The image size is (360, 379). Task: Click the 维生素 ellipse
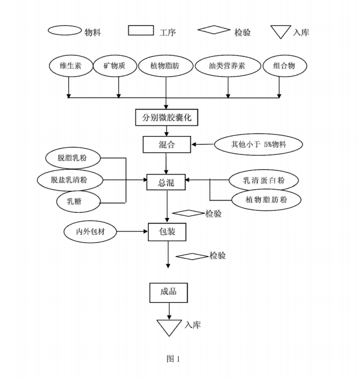click(69, 66)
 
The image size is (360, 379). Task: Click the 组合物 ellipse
click(284, 66)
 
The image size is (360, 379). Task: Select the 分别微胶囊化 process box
click(166, 117)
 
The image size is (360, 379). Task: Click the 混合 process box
click(166, 144)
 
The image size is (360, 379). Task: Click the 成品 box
click(168, 291)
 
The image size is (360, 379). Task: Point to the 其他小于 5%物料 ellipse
click(258, 144)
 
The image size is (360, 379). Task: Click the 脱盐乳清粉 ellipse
click(69, 180)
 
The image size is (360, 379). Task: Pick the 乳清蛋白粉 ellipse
click(264, 180)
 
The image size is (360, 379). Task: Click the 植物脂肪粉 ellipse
click(266, 200)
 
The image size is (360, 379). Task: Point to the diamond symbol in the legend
click(214, 31)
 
